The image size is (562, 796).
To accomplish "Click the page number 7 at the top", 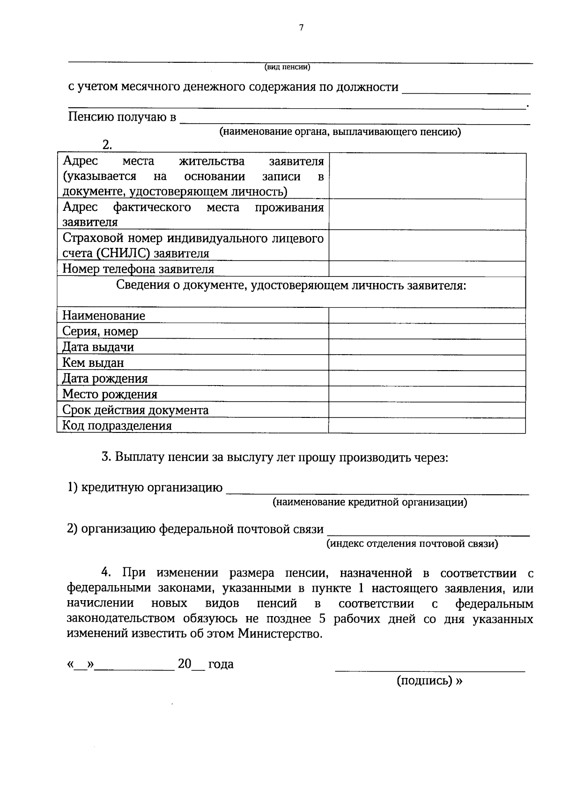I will click(301, 28).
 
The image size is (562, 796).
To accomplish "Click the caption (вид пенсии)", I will click(287, 67).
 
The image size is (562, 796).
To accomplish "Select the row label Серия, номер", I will click(100, 331).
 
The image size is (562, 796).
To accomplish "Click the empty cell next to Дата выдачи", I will click(427, 347).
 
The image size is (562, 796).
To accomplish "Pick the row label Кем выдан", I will click(93, 363).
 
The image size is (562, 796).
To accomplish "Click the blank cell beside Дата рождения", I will click(427, 379).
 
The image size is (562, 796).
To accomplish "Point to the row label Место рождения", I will click(110, 394).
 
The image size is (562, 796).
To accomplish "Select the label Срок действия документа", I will click(135, 410).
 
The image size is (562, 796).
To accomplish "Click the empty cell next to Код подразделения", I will click(427, 425).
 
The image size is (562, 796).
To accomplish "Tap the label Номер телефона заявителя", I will click(138, 269).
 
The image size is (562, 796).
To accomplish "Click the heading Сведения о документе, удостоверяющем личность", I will click(291, 285).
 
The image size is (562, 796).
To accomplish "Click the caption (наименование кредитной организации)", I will click(370, 503).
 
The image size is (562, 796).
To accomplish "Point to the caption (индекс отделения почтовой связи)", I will click(412, 543).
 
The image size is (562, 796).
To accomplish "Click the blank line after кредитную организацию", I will click(377, 490).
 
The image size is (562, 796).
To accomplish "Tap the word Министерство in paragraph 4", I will click(280, 634).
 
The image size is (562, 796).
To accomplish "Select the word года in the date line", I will click(221, 664).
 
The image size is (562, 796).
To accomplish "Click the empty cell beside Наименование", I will click(427, 316).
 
